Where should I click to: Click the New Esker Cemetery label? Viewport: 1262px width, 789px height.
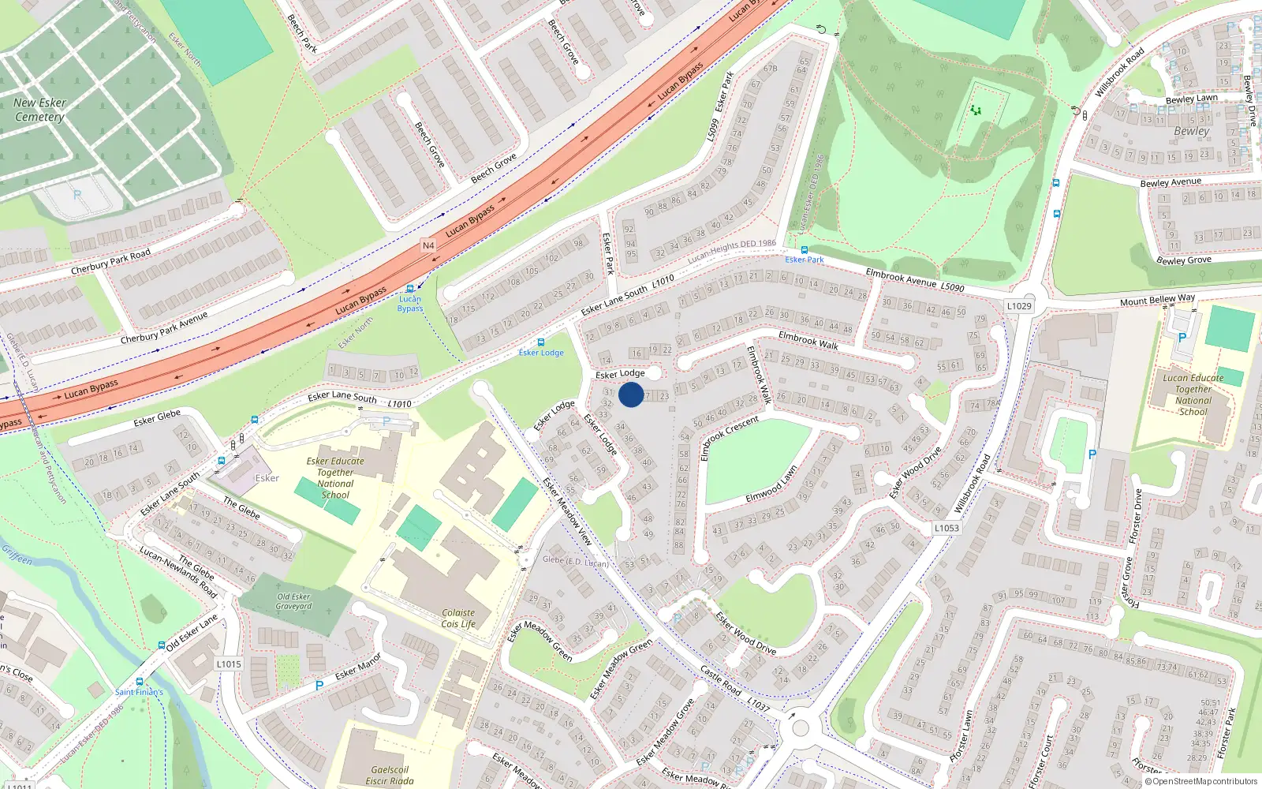[39, 110]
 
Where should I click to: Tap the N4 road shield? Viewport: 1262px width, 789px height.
[428, 245]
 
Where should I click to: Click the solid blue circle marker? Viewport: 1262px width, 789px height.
[631, 394]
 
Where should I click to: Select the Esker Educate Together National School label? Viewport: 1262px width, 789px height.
[335, 478]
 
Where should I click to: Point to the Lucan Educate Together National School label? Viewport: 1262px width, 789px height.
[1193, 394]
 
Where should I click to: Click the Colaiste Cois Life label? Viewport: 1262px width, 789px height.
[458, 618]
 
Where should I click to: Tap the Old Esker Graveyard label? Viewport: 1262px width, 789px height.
[293, 601]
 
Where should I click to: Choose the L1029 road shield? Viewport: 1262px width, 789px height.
[1019, 306]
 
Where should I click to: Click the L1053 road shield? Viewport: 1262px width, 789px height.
[946, 528]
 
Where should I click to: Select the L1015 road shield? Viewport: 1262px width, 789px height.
[229, 664]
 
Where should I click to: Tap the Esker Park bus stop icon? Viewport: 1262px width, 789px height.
[804, 250]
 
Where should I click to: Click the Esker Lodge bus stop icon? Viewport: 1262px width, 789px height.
[540, 342]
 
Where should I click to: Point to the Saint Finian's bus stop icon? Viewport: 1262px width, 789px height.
[140, 682]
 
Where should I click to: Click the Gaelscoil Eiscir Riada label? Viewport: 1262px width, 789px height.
[390, 775]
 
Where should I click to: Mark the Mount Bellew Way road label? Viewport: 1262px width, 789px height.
[1157, 301]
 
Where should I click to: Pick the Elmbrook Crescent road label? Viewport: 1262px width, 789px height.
[730, 438]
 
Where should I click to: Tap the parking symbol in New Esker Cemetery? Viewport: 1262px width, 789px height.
[77, 194]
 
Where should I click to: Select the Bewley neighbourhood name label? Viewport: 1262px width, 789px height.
[1191, 131]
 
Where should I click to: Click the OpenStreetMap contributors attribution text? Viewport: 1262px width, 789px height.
[1201, 781]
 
